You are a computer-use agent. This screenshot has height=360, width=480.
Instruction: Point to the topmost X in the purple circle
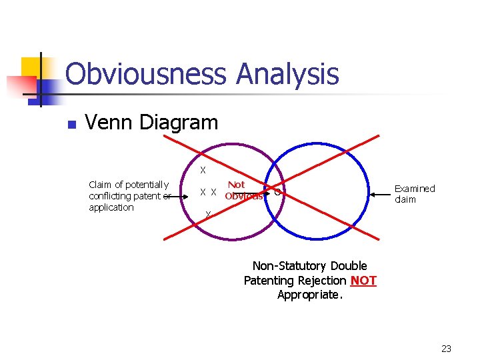click(203, 169)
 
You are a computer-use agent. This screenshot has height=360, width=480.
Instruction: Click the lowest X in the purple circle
click(208, 214)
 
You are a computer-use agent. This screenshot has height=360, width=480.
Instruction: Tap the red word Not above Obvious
click(236, 185)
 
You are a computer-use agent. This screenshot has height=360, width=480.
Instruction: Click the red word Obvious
click(244, 196)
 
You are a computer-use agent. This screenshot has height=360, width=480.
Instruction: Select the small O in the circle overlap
click(277, 193)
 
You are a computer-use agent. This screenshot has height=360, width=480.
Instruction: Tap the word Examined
click(415, 189)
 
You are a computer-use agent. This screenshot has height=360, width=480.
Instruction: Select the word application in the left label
click(111, 207)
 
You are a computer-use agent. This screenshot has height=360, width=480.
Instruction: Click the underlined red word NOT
click(363, 281)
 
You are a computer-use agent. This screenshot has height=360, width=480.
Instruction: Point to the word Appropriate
click(310, 295)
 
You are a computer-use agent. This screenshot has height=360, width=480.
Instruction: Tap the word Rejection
click(323, 281)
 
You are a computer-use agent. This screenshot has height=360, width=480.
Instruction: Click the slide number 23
click(446, 349)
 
